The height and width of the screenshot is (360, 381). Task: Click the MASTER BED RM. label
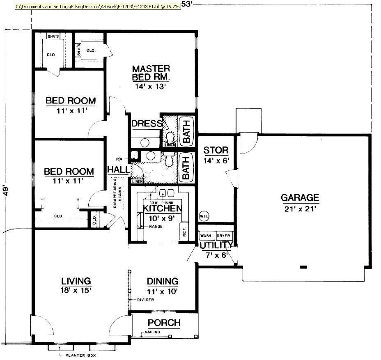tap(151, 73)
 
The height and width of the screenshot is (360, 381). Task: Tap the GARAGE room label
tap(300, 198)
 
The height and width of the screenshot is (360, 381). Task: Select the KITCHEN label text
tap(162, 208)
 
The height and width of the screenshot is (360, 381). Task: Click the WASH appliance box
tap(206, 236)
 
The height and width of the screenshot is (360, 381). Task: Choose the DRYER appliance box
tap(224, 236)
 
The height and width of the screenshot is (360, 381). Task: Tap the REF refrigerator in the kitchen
tap(184, 232)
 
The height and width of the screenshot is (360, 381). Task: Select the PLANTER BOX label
tap(80, 355)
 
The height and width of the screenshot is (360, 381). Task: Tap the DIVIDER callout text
tap(145, 300)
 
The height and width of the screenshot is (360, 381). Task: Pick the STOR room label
tap(216, 150)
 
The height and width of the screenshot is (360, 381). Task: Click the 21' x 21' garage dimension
tap(300, 209)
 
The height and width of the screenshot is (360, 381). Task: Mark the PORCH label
tap(164, 323)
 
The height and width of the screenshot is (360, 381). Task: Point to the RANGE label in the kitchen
tap(156, 226)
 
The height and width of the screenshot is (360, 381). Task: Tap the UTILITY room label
tap(216, 245)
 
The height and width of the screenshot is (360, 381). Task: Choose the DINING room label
tap(163, 281)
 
